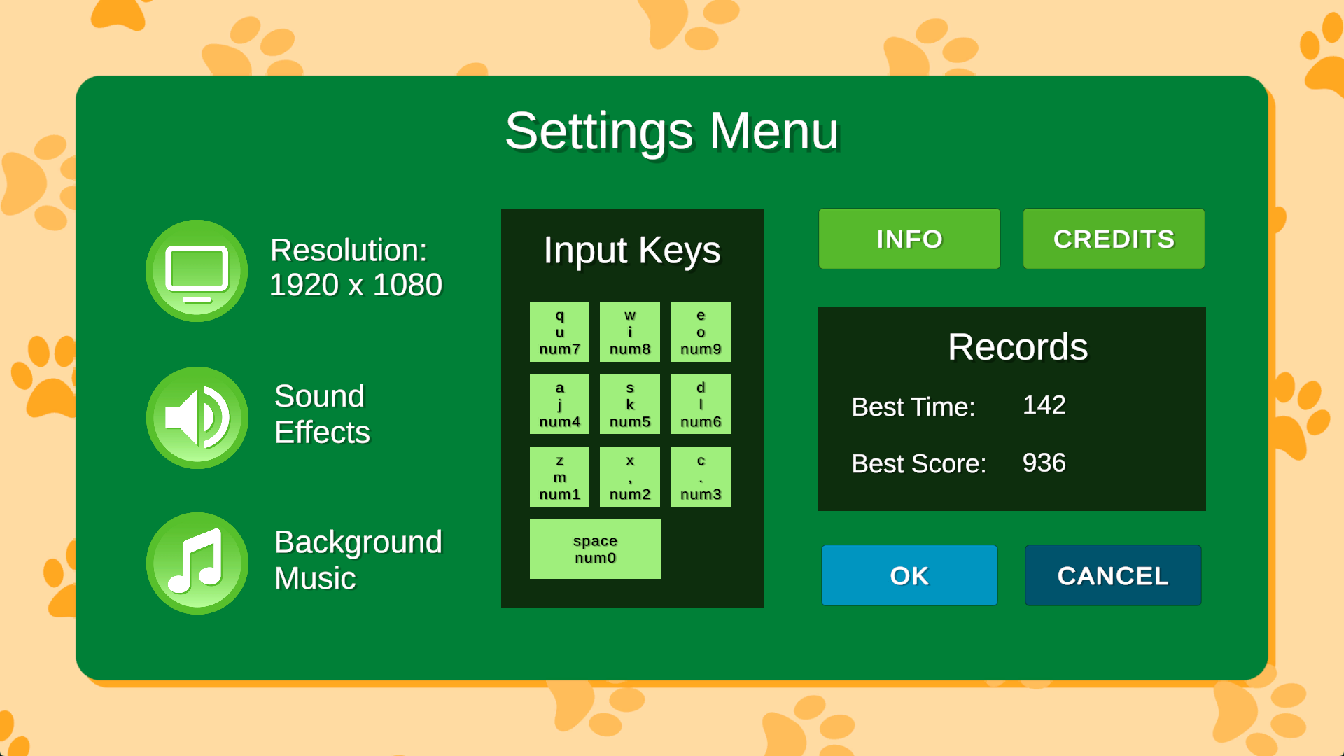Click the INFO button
pos(909,239)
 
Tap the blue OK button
pos(909,575)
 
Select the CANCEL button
pos(1113,575)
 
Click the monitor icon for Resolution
pos(197,271)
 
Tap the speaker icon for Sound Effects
pos(197,418)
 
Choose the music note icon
pos(197,563)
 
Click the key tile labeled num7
pos(559,332)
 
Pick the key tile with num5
pos(630,405)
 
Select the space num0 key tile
pos(595,549)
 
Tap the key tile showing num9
pos(701,332)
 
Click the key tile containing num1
pos(559,477)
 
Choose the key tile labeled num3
pos(701,477)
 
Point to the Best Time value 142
pos(1044,405)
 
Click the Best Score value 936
pos(1044,463)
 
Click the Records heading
pos(1018,346)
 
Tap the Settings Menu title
pos(672,132)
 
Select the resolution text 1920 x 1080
pos(356,285)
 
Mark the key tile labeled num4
pos(559,405)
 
